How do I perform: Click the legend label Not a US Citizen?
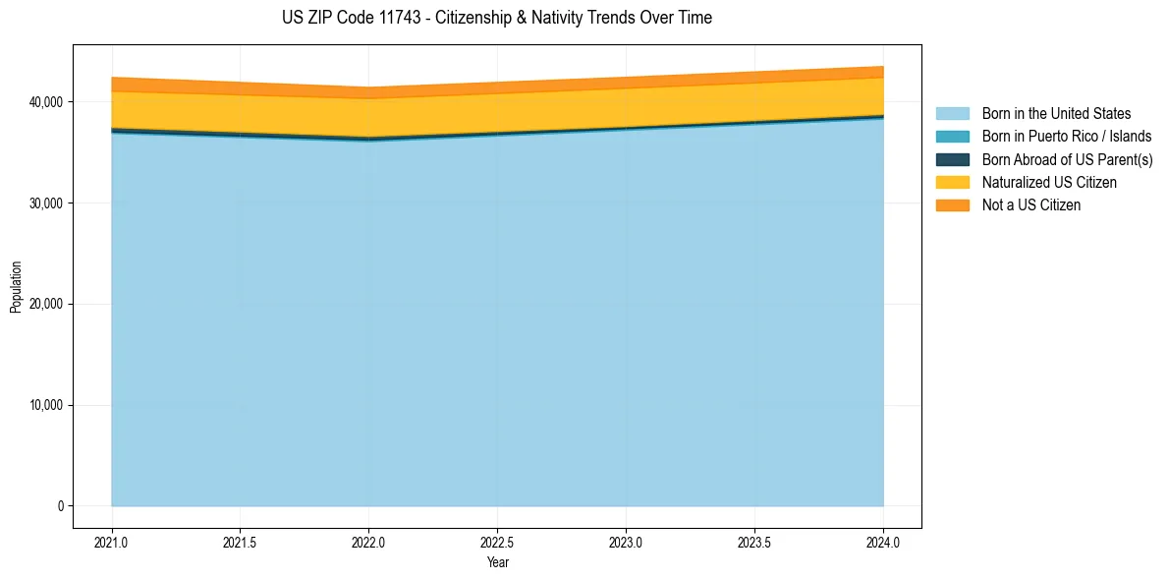(1030, 205)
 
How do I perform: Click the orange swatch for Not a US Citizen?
(952, 205)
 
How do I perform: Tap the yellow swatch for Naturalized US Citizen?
(952, 183)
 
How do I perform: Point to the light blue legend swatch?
(952, 114)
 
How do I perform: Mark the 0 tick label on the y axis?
(60, 506)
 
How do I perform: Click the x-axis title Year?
(497, 563)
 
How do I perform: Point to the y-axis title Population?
(16, 286)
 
